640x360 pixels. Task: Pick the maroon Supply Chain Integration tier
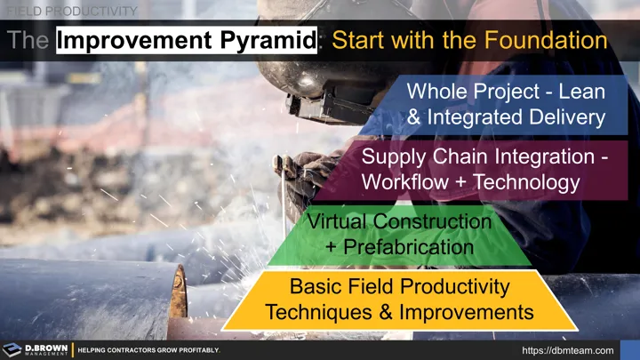point(471,170)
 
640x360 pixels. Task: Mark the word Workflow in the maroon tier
point(402,183)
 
